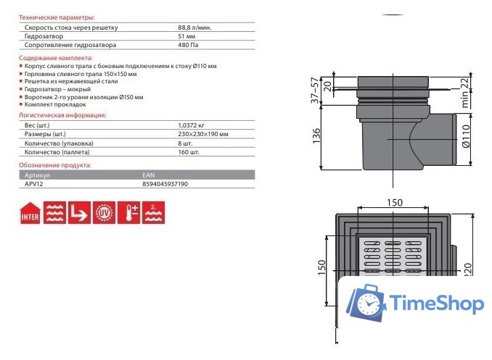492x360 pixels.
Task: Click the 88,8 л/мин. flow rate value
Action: [194, 28]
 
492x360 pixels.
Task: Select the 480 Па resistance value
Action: [188, 45]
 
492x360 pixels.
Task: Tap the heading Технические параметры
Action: [57, 17]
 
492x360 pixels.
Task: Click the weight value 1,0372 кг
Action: [191, 125]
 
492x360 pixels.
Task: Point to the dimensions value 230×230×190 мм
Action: [203, 134]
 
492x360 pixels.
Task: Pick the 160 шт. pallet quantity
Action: [189, 152]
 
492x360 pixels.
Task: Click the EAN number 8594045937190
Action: [165, 184]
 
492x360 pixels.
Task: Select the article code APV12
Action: [33, 184]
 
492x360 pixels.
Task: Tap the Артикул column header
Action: [37, 175]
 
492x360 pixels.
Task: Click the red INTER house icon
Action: [30, 213]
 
